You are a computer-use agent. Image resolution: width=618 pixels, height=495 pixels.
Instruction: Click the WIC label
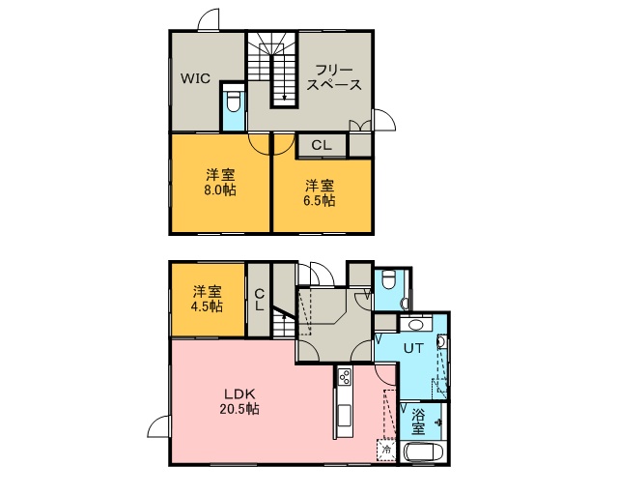[195, 78]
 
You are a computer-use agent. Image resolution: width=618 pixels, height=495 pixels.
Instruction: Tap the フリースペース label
[334, 77]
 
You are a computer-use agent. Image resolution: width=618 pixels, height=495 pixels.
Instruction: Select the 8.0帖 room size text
[220, 190]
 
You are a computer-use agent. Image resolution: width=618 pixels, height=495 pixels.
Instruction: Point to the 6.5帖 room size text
[320, 201]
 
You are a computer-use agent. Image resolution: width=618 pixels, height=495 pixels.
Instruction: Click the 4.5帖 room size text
[207, 306]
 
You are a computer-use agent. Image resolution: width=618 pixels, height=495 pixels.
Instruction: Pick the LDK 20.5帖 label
[240, 401]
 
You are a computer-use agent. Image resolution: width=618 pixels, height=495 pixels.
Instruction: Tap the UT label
[413, 348]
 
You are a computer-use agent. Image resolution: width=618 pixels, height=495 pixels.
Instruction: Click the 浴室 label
[418, 422]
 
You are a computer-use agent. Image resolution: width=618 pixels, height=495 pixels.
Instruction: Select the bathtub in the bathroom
[424, 452]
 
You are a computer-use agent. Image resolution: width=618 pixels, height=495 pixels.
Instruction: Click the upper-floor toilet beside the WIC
[234, 102]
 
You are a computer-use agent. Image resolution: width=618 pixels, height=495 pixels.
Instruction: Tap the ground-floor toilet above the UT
[388, 279]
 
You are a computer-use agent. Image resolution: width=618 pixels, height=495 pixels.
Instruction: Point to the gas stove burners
[345, 376]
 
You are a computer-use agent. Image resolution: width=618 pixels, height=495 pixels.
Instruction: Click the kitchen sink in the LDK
[344, 416]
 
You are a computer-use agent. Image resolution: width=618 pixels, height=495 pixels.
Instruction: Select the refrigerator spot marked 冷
[386, 450]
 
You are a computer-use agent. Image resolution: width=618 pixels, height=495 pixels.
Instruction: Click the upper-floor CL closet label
[322, 145]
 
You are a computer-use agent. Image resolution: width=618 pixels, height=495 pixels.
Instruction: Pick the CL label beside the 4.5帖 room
[259, 300]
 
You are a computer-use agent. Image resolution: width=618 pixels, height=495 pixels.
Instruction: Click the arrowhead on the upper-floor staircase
[284, 97]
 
